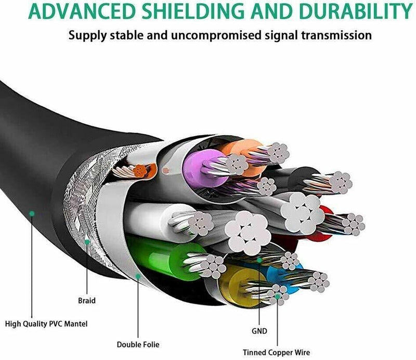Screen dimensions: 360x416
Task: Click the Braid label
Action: [86, 300]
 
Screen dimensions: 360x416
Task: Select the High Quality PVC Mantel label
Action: [46, 324]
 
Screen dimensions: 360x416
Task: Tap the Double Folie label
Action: [137, 344]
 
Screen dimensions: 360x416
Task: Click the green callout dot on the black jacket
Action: [32, 213]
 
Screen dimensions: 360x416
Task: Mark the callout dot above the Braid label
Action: [87, 242]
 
